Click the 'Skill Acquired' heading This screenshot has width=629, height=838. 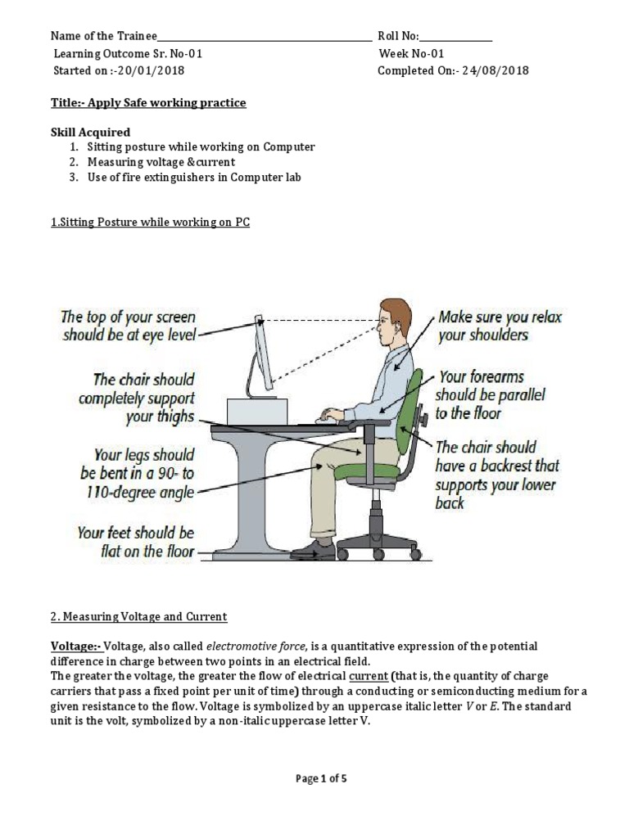pyautogui.click(x=90, y=132)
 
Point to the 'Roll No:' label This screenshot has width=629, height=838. pyautogui.click(x=398, y=36)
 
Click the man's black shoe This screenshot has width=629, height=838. pyautogui.click(x=314, y=550)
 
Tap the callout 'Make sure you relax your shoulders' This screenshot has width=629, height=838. pyautogui.click(x=500, y=326)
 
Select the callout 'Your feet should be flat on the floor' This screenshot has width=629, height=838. pyautogui.click(x=135, y=542)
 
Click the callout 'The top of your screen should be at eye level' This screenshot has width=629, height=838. pyautogui.click(x=129, y=326)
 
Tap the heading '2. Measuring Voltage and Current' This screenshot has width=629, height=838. pyautogui.click(x=138, y=616)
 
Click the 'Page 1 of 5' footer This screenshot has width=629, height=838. pyautogui.click(x=321, y=778)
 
